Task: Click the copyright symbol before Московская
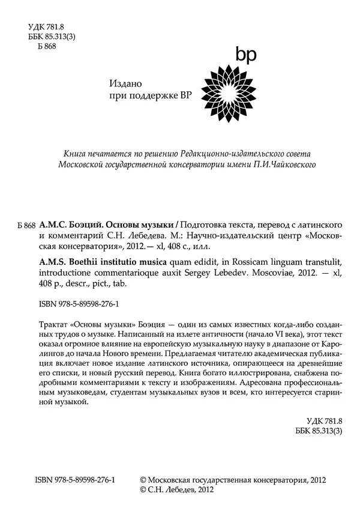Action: (x=143, y=480)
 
